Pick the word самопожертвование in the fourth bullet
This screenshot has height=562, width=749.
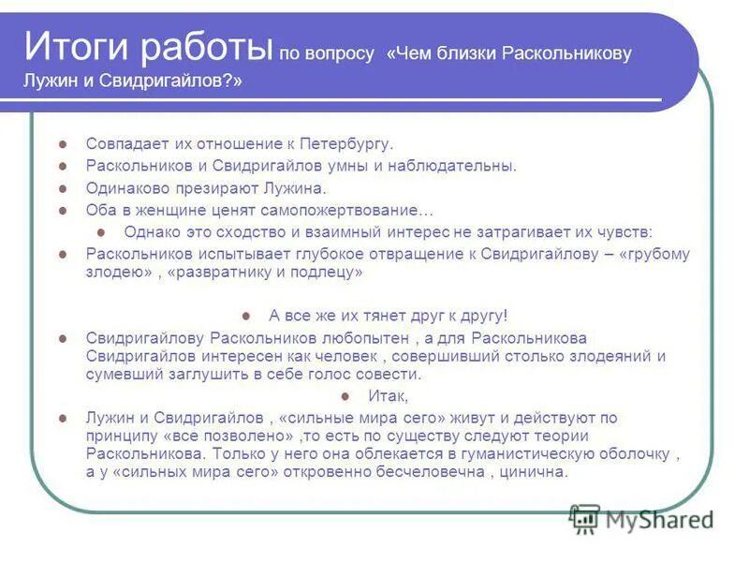[356, 210]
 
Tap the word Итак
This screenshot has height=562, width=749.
[387, 396]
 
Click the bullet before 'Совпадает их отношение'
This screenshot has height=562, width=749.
[62, 145]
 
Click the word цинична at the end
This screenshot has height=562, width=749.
[537, 472]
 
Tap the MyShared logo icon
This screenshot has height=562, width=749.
[585, 519]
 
